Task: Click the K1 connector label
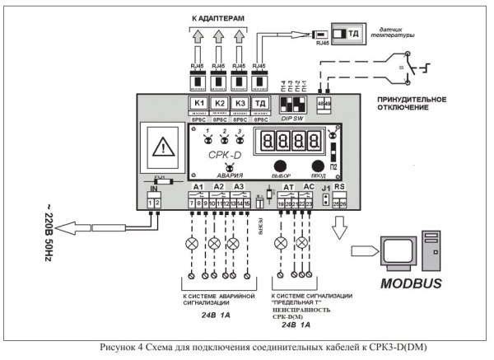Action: tap(199, 103)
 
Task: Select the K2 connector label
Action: tap(220, 103)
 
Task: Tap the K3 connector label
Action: tap(240, 103)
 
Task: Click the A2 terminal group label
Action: tap(219, 188)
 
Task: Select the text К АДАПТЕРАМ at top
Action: tap(219, 16)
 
